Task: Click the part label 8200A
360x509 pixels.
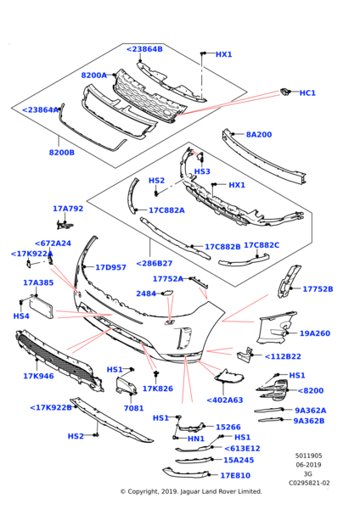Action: [x=94, y=76]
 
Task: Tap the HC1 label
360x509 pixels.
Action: [x=307, y=92]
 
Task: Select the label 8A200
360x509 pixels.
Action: [x=259, y=134]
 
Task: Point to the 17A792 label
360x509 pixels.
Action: [x=68, y=209]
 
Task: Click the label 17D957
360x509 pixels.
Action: [x=110, y=267]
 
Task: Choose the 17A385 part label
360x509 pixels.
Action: [x=38, y=282]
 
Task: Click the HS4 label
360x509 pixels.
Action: [x=21, y=316]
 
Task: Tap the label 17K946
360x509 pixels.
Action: [x=38, y=376]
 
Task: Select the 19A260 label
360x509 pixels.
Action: [x=314, y=333]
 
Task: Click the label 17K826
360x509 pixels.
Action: [x=158, y=389]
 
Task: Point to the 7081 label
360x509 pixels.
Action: [x=133, y=408]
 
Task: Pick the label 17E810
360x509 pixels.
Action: [x=235, y=476]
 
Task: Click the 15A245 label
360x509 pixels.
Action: [x=239, y=460]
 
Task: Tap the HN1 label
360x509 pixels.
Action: [x=196, y=439]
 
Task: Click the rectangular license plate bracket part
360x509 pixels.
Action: [x=42, y=307]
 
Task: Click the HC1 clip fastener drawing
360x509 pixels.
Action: [x=284, y=92]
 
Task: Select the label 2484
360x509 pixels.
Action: [x=146, y=294]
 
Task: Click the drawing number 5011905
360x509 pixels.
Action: [x=309, y=456]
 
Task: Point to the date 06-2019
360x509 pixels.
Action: [x=308, y=465]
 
